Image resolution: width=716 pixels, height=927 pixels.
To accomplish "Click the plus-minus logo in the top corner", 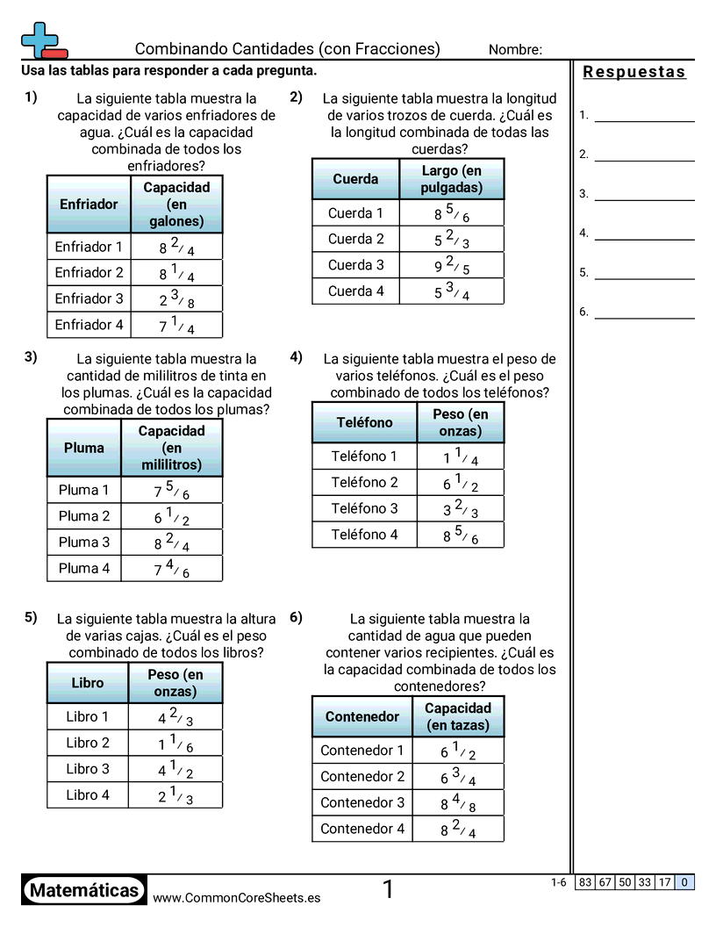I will pos(42,40).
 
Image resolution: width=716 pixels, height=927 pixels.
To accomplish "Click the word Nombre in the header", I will pos(515,50).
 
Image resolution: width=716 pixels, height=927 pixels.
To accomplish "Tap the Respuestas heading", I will pos(634,72).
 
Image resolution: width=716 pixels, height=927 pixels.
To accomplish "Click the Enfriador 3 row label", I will pos(89,298).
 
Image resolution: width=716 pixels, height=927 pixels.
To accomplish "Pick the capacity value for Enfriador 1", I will pos(176,247).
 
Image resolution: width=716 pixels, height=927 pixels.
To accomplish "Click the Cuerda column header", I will pos(355,179).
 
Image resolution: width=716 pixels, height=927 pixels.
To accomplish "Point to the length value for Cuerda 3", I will pos(452,265).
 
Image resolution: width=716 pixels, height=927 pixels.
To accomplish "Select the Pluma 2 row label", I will pos(84,516).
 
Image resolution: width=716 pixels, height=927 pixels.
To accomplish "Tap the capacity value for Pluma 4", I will pos(172,569).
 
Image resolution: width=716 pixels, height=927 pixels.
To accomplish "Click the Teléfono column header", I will pos(364,422).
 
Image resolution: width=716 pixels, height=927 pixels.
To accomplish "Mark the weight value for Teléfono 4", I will pos(461,535).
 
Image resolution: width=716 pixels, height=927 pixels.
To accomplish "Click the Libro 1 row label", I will pos(88,716).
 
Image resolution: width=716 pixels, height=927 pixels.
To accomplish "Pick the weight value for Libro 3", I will pos(175,770).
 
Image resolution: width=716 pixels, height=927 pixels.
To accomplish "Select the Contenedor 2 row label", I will pos(362,777).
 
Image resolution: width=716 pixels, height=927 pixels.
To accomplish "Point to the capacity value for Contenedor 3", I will pos(458,803).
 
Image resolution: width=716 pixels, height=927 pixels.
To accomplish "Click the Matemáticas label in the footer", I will pos(84,891).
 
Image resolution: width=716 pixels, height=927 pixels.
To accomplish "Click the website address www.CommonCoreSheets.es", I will pos(236,898).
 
